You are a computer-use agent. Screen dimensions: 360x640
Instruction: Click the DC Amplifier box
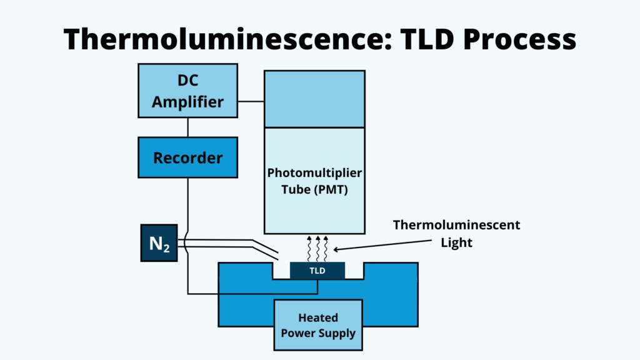187,91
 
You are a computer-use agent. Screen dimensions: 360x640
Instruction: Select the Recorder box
187,157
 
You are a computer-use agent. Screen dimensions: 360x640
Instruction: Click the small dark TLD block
317,271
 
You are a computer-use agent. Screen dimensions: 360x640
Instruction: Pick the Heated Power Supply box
317,324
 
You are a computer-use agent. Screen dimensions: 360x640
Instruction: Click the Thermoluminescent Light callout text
456,233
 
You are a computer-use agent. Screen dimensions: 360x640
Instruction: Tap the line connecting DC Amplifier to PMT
251,101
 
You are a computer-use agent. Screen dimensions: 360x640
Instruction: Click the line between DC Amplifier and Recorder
187,127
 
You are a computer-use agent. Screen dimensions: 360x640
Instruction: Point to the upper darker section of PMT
314,99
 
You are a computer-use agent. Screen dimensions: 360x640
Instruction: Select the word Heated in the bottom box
317,316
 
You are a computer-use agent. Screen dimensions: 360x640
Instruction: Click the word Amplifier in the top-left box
187,101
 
